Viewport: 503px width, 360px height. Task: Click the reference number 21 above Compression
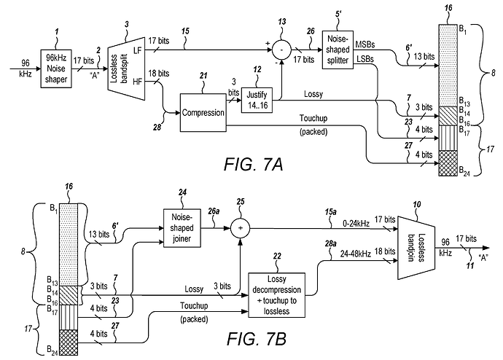click(203, 76)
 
